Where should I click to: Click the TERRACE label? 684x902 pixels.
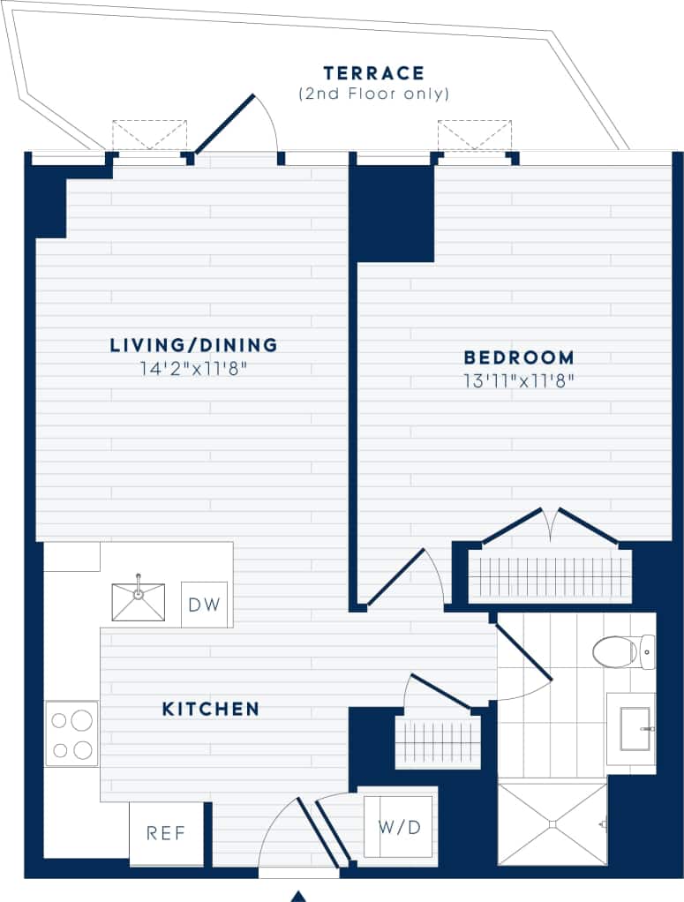(373, 73)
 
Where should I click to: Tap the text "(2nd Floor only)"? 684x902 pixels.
(373, 94)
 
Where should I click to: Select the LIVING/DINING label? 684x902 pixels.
(193, 345)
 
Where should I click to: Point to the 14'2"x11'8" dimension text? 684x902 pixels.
(193, 368)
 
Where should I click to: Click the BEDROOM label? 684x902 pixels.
(519, 357)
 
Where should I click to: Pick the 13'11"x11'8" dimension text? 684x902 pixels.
(519, 380)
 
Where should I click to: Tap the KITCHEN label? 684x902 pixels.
(211, 709)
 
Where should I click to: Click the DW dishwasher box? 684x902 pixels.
(205, 605)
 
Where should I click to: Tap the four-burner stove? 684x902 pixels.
(71, 733)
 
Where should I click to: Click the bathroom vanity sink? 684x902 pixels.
(634, 729)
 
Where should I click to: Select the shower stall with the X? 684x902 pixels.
(552, 823)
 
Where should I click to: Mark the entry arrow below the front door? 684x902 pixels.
(298, 896)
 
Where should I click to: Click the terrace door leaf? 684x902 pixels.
(225, 124)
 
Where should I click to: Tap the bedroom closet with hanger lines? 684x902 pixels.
(550, 575)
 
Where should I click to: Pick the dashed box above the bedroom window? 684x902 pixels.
(474, 134)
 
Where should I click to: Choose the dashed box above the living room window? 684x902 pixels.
(149, 134)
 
